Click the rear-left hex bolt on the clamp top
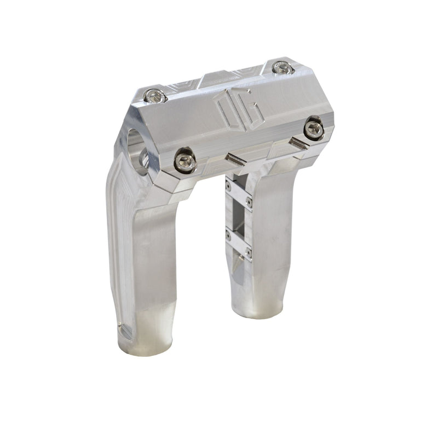point(155,96)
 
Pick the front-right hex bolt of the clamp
point(314,129)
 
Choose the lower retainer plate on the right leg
point(239,244)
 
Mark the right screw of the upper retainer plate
point(249,202)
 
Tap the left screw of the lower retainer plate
point(228,235)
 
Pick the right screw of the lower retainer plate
point(249,252)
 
